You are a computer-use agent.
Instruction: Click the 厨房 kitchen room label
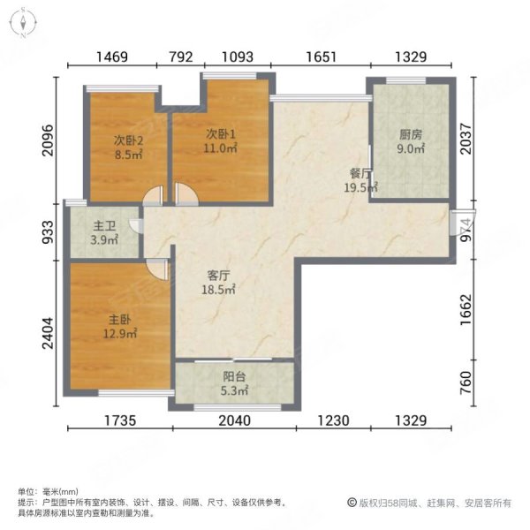411,135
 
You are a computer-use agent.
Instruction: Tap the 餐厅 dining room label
360,174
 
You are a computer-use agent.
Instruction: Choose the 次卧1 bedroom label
220,134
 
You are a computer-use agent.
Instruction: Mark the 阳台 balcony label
234,376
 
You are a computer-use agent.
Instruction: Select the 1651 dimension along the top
322,57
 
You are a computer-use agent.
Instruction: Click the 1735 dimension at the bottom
119,420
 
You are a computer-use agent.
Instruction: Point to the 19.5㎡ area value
361,187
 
